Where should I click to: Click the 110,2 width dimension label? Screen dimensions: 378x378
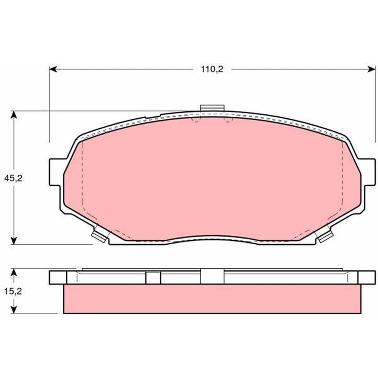pos(212,69)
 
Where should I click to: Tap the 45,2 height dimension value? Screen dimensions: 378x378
pos(13,179)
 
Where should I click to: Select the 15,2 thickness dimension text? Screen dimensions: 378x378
pos(13,292)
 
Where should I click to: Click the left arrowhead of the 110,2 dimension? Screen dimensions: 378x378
pos(53,69)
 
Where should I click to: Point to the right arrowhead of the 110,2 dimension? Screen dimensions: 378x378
pos(371,69)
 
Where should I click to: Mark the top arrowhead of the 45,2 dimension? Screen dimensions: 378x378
pos(14,115)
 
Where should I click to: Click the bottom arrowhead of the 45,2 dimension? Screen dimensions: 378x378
pos(14,241)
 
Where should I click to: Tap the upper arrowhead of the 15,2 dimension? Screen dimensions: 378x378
pos(14,273)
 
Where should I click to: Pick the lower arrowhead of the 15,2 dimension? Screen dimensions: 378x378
pos(14,309)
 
